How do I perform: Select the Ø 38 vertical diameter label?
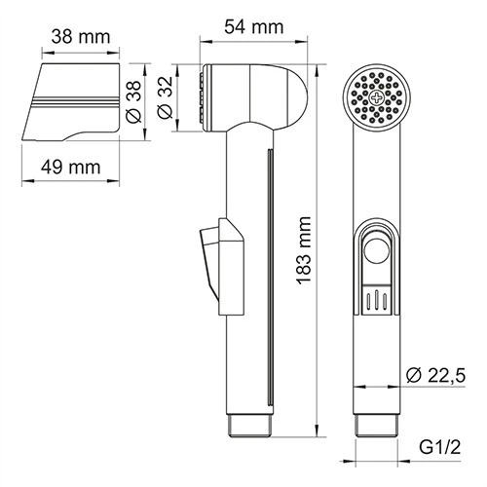(x=135, y=99)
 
